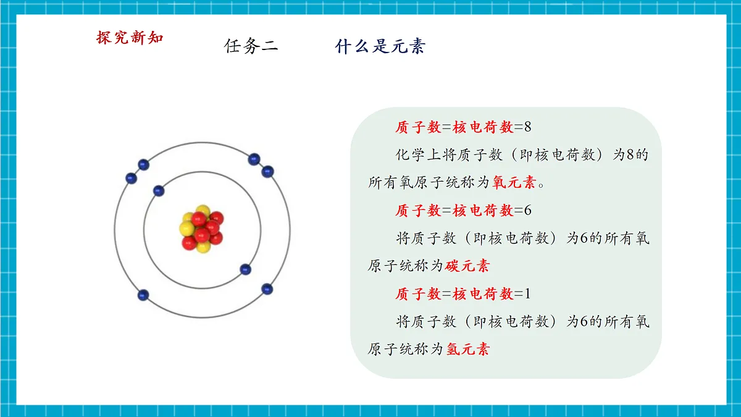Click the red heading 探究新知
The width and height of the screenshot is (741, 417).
coord(130,38)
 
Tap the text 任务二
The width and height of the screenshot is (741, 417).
coord(251,46)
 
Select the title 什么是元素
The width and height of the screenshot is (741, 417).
coord(380,46)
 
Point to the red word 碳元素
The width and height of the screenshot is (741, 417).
coord(468,266)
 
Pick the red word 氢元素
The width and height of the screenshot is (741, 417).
coord(468,349)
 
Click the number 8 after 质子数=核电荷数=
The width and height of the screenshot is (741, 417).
coord(527,127)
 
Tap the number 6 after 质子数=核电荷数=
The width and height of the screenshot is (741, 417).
coord(527,211)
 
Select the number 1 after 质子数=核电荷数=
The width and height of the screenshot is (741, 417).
coord(527,294)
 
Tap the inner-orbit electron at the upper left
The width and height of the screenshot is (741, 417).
coord(159,191)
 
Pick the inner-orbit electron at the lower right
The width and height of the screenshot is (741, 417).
coord(245,269)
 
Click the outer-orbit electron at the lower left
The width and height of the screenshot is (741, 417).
coord(143,295)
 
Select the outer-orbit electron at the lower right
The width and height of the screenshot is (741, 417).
coord(267,289)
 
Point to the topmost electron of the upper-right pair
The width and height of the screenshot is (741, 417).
coord(254,159)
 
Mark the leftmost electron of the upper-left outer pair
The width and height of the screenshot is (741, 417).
coord(130,178)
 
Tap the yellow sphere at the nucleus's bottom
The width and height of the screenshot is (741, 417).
coord(203,246)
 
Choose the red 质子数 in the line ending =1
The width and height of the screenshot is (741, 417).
coord(418,294)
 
